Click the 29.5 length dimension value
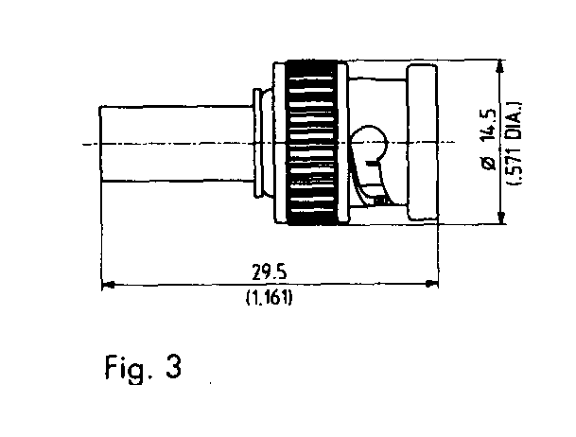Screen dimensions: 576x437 [269, 272]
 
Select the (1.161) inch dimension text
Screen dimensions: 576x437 [270, 297]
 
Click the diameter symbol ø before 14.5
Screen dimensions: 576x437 [489, 164]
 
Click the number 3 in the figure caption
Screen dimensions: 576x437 [173, 367]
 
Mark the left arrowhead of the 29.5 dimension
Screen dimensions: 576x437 [108, 284]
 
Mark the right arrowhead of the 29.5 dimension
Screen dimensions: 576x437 [431, 284]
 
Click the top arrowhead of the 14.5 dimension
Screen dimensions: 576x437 [500, 67]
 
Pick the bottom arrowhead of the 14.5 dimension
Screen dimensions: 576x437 [500, 217]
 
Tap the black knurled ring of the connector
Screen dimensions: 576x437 [312, 142]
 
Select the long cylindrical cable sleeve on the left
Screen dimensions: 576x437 [177, 143]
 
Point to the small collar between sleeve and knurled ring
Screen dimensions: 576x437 [262, 143]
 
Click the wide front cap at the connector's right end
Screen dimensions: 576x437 [422, 143]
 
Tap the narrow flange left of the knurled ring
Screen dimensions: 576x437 [280, 143]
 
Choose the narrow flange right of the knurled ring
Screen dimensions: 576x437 [342, 143]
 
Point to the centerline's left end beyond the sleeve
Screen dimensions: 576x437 [83, 145]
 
